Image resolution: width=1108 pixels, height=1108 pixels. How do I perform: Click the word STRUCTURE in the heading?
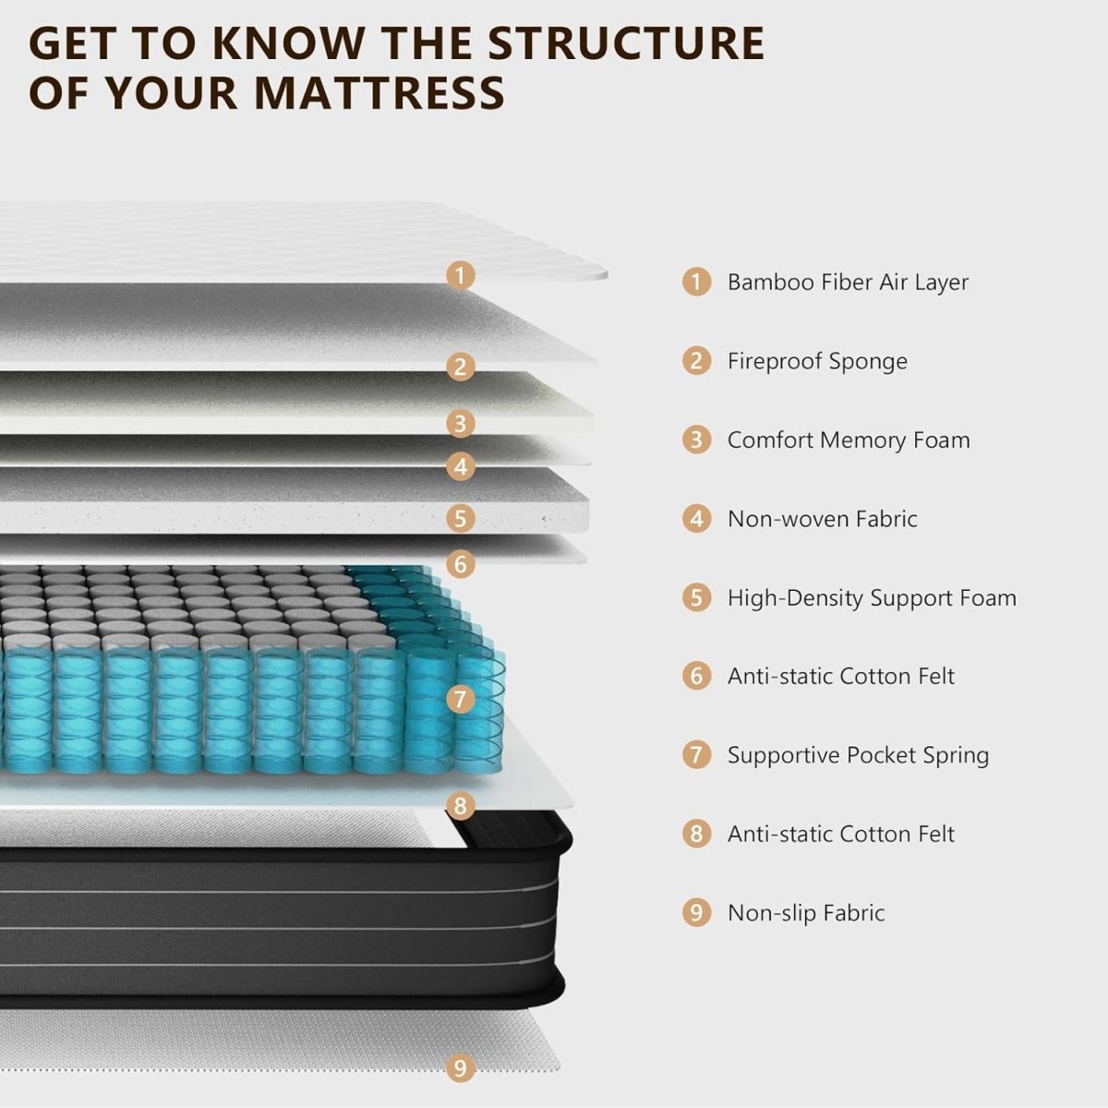625,43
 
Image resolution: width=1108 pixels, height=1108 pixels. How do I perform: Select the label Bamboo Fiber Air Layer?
848,282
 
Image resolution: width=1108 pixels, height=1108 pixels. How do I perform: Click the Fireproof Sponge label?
817,361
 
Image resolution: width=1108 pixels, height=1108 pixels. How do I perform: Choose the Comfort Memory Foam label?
849,440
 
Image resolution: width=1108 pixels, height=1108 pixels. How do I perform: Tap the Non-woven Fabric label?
822,519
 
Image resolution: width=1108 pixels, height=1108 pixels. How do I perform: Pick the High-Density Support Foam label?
872,597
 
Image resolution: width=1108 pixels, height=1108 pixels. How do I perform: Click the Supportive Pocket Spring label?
858,755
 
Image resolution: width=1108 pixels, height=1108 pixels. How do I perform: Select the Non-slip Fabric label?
806,913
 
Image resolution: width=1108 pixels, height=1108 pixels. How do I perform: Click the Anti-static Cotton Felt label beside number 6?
840,676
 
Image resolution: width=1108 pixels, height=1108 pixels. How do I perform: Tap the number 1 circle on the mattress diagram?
460,275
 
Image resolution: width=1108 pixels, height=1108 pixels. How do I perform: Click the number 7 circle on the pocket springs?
460,699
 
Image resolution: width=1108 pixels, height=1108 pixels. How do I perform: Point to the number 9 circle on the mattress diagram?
460,1068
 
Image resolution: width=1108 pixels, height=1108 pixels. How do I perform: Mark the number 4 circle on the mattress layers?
460,466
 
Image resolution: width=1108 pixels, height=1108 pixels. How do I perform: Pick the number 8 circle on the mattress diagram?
460,805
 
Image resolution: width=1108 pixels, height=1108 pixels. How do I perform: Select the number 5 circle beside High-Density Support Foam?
696,597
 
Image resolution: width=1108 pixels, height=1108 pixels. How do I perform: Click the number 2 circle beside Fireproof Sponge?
696,360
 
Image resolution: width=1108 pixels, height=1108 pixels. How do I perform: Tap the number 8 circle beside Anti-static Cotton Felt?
696,834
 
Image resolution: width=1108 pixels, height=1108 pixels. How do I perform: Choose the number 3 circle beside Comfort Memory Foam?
696,440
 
